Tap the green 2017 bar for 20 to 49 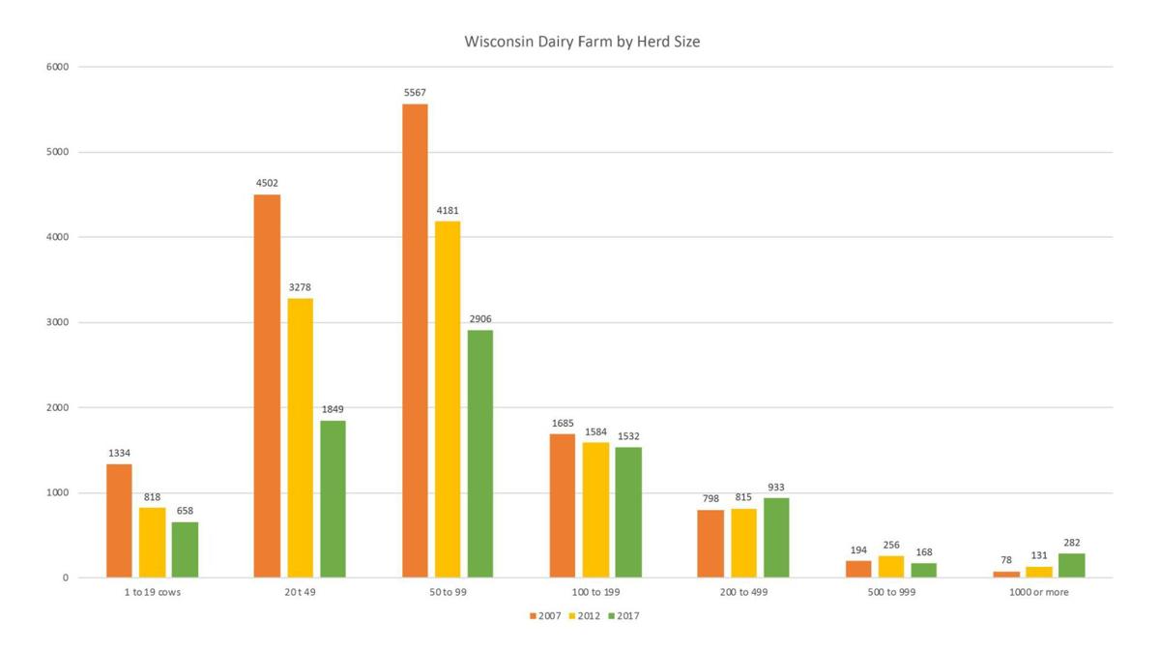point(333,499)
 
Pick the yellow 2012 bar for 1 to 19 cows point(152,543)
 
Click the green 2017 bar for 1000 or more point(1071,566)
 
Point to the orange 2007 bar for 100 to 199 point(562,506)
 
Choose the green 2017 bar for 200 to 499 point(775,538)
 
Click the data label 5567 point(415,93)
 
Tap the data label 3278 point(300,287)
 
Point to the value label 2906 point(479,319)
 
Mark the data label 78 point(1006,560)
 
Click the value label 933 point(775,488)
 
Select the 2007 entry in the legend point(545,616)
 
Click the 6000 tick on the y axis point(57,67)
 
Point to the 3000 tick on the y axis point(57,322)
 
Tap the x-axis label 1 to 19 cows point(152,592)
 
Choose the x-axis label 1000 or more point(1039,592)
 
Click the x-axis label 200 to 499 point(742,592)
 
